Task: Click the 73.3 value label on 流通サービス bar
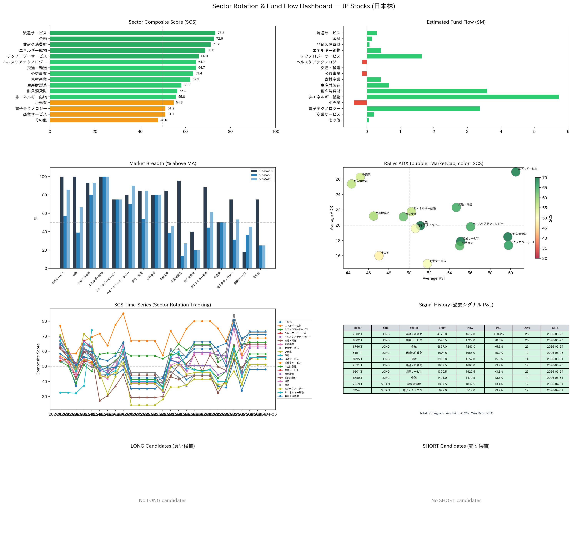(x=221, y=33)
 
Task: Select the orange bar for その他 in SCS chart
(x=104, y=120)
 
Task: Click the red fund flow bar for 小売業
(x=360, y=103)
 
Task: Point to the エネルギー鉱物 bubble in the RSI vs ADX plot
(x=516, y=172)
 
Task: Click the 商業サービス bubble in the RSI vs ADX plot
(x=427, y=264)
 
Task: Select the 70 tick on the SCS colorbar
(x=544, y=178)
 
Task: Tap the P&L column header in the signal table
(x=498, y=328)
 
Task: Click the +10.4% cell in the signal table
(x=498, y=334)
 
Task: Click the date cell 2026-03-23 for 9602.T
(x=555, y=340)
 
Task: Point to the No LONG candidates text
(x=163, y=500)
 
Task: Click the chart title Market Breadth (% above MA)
(x=163, y=164)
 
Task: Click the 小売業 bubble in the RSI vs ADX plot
(x=360, y=177)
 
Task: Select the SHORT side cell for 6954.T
(x=385, y=390)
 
